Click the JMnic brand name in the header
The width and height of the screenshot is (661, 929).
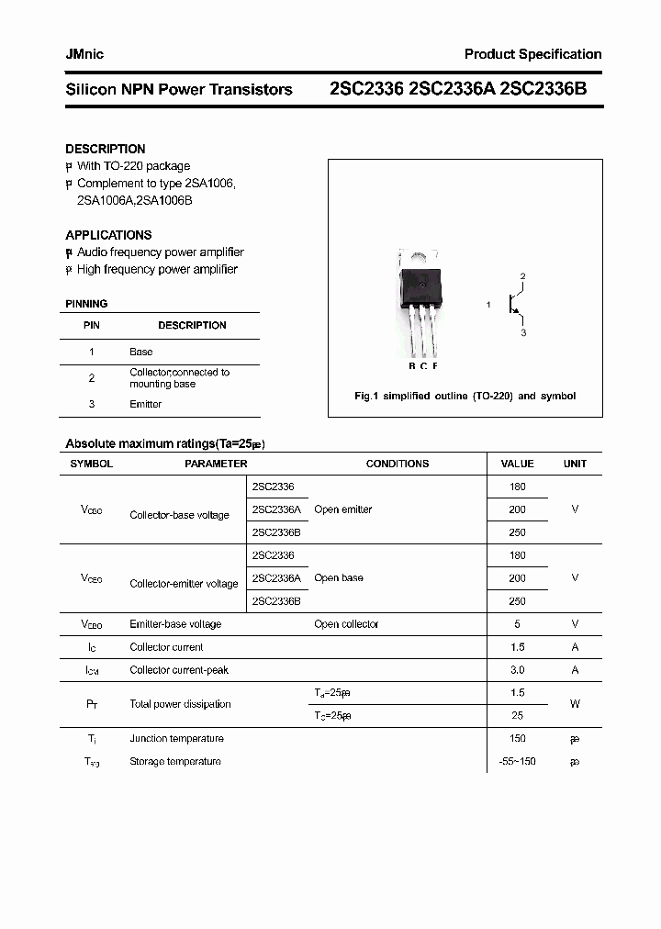[84, 54]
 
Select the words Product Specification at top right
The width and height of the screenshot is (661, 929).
[532, 54]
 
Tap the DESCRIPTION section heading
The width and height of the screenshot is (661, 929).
[105, 149]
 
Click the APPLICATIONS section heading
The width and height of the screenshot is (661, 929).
[108, 235]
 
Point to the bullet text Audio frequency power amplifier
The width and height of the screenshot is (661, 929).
[160, 252]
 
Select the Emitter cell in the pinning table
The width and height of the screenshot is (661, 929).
[145, 404]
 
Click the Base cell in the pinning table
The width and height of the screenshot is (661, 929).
[140, 352]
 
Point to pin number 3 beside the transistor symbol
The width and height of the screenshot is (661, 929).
[523, 332]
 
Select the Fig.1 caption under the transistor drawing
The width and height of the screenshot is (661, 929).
[465, 397]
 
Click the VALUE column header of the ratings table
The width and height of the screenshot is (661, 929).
[517, 464]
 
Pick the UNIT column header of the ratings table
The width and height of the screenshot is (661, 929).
[575, 464]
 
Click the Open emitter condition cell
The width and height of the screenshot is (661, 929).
[342, 509]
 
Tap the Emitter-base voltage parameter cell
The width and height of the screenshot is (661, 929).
[175, 624]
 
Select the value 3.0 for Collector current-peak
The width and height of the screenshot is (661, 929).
[517, 670]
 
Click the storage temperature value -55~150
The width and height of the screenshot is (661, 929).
[517, 762]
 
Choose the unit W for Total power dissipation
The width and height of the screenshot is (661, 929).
[575, 704]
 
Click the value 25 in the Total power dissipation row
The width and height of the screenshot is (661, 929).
[517, 715]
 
